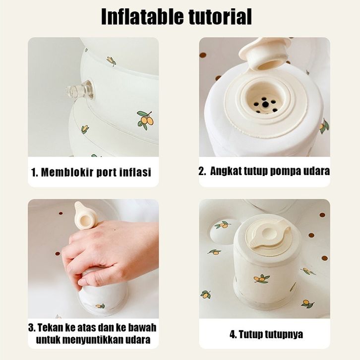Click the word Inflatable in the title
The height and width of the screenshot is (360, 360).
(x=142, y=16)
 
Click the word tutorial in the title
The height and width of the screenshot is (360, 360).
(x=220, y=16)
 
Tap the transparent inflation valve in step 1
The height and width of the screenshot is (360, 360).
(x=79, y=90)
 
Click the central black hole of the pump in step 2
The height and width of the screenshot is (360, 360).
(x=265, y=105)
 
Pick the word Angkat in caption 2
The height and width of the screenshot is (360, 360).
(x=225, y=171)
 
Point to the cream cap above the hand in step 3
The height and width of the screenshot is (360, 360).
(x=86, y=216)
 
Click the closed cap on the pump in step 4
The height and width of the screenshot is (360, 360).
(x=269, y=234)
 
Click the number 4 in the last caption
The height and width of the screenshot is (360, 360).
(x=233, y=334)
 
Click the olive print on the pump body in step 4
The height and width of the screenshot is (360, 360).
(x=262, y=279)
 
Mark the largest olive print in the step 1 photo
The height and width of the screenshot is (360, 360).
(x=145, y=119)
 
